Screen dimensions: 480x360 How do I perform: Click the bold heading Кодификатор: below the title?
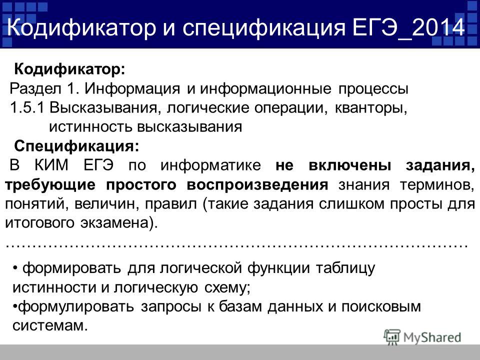[70, 69]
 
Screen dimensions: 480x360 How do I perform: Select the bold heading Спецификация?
[76, 146]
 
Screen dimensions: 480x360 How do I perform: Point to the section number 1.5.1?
[27, 108]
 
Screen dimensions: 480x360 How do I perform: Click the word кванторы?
[371, 108]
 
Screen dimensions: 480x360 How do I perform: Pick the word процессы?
[373, 89]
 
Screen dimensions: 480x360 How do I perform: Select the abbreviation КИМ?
[51, 165]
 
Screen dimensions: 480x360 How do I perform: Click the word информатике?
[210, 165]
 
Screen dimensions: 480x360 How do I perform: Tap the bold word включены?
[350, 165]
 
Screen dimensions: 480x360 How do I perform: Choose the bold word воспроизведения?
[257, 185]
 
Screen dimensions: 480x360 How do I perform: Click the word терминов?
[437, 185]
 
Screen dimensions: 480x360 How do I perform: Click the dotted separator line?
[236, 245]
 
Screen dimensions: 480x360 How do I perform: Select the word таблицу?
[345, 268]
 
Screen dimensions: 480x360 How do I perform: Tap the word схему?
[227, 288]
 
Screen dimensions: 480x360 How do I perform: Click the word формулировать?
[76, 306]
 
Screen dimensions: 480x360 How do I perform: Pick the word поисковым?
[381, 306]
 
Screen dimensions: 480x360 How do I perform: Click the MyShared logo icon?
[392, 337]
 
